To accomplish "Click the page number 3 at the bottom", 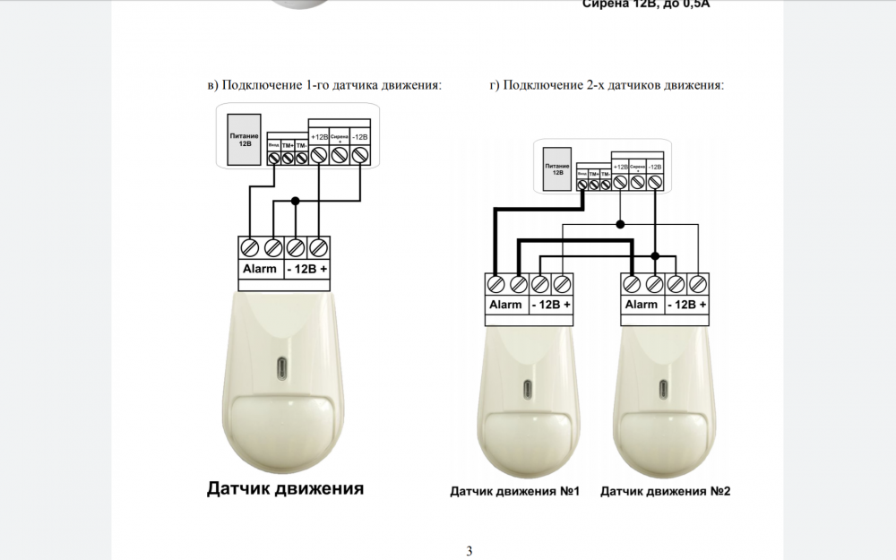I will point(470,550).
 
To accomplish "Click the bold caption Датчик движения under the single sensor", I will point(285,488).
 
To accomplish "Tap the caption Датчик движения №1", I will point(515,492).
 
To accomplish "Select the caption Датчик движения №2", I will point(666,492).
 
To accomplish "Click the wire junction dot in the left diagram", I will point(295,200).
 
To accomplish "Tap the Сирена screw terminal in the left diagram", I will point(339,156).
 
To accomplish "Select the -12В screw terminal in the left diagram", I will point(359,156).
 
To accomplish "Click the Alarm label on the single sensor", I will point(260,269).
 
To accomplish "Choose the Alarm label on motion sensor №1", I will point(505,305).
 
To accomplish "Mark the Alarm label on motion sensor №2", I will point(642,305).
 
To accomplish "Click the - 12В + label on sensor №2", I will point(687,305).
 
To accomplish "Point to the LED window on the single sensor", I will point(283,368).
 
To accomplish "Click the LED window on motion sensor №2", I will point(664,391).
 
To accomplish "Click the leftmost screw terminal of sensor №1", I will point(495,284).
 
